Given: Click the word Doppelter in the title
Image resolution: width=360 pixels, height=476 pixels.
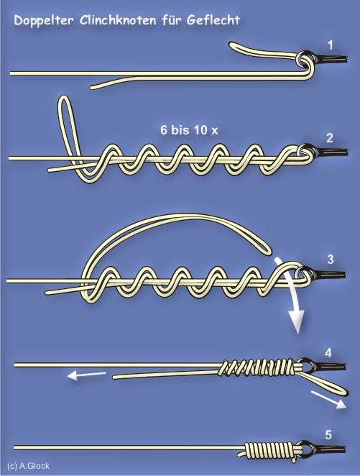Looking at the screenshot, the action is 44,21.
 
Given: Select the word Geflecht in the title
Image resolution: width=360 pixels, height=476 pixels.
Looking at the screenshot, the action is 213,20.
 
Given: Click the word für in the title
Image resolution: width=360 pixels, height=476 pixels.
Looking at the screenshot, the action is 171,20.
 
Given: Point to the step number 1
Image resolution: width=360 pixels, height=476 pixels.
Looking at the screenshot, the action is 331,45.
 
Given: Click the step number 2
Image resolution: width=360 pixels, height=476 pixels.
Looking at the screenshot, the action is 330,138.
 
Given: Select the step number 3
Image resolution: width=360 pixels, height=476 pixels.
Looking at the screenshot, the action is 331,260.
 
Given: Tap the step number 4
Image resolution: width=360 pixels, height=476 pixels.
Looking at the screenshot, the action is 328,353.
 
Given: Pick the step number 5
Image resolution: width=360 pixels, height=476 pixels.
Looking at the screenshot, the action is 328,435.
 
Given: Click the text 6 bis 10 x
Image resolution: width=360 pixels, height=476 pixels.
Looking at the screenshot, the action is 189,130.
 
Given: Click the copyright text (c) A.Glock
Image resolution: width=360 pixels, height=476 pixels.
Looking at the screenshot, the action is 28,466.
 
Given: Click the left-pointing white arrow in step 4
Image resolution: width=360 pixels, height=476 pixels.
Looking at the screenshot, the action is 87,375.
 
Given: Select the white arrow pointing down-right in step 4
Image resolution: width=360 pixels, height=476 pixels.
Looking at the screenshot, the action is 329,400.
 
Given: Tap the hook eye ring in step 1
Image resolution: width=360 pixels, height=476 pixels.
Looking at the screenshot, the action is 303,58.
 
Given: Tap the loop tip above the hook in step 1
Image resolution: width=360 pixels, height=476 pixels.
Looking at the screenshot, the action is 231,45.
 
